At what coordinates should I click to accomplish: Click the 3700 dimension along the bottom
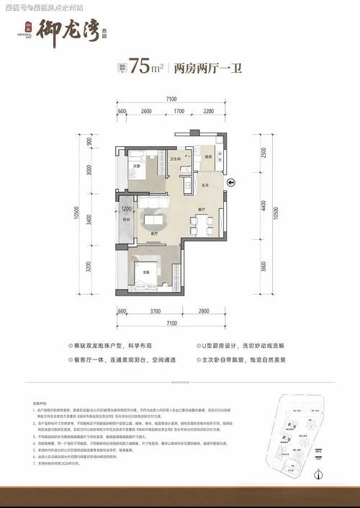point(150,311)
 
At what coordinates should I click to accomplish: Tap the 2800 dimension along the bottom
point(204,311)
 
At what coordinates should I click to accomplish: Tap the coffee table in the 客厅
point(153,220)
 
